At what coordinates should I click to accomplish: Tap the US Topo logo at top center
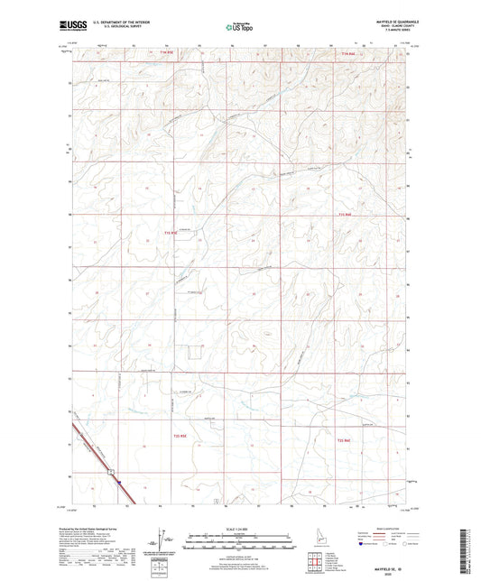[x=237, y=27]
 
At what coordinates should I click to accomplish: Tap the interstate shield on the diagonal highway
[x=107, y=471]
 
